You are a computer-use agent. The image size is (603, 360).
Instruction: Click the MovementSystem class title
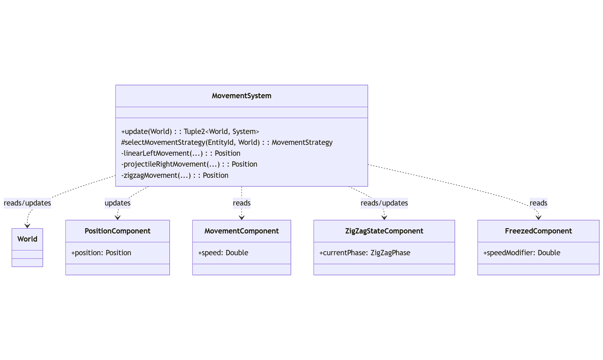click(x=241, y=96)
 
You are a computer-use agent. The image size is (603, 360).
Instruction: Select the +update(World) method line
click(x=190, y=132)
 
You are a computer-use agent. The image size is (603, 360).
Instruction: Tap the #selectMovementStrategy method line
click(x=226, y=142)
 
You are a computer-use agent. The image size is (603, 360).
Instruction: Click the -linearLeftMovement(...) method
click(x=180, y=153)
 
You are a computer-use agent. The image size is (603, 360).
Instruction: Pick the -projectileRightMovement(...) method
click(x=189, y=164)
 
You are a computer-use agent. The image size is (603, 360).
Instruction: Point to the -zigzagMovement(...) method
click(x=175, y=175)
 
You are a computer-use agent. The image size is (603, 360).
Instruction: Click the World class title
click(x=27, y=239)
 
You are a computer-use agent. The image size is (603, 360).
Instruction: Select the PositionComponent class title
click(x=117, y=231)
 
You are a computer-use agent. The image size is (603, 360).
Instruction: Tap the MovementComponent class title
click(x=241, y=231)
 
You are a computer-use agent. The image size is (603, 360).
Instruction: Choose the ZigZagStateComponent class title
click(x=384, y=231)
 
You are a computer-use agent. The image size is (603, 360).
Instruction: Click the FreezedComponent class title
click(x=538, y=231)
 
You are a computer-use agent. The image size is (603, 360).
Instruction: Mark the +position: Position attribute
click(x=101, y=253)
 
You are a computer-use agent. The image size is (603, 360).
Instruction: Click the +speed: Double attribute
click(x=223, y=253)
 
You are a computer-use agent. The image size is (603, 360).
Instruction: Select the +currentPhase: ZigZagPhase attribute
click(x=364, y=253)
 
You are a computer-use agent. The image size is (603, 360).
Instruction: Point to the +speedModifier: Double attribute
click(x=522, y=253)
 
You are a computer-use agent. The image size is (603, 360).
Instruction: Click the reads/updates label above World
click(x=27, y=203)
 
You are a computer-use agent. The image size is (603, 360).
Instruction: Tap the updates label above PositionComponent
click(x=117, y=203)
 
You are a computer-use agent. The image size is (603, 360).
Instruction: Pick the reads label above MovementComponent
click(x=241, y=203)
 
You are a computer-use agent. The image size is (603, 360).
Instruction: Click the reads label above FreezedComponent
click(x=538, y=203)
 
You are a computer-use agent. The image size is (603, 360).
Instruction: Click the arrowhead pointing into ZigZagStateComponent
click(x=384, y=218)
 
